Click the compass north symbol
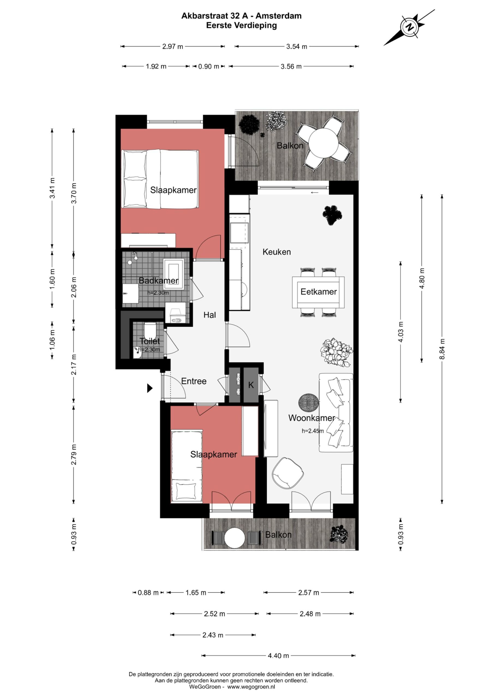point(410,27)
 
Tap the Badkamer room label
point(158,280)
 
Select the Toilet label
point(150,341)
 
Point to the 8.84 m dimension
point(442,349)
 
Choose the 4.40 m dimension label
point(278,656)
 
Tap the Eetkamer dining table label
point(319,292)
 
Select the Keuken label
point(277,252)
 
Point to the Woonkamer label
point(312,418)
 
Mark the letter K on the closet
point(251,385)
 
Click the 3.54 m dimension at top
point(297,47)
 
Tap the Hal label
point(209,315)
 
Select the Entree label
point(194,381)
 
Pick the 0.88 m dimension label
point(148,593)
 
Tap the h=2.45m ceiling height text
point(312,431)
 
